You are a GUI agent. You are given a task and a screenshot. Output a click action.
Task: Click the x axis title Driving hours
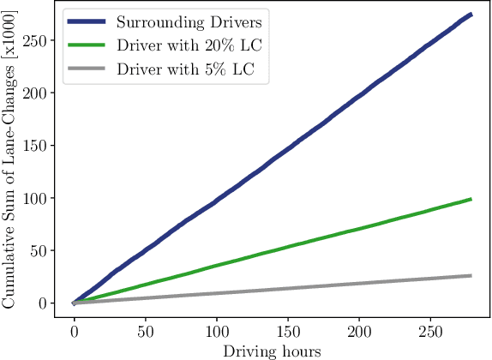coord(272,351)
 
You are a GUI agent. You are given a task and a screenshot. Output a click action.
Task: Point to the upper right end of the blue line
coord(471,15)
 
